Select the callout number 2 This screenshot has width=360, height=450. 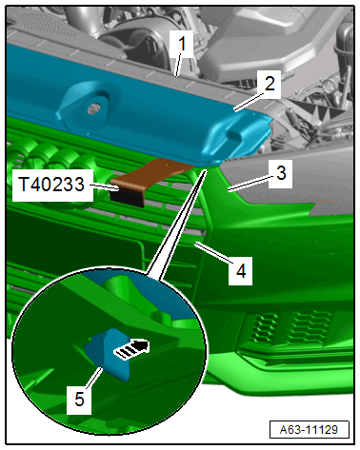(x=270, y=84)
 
